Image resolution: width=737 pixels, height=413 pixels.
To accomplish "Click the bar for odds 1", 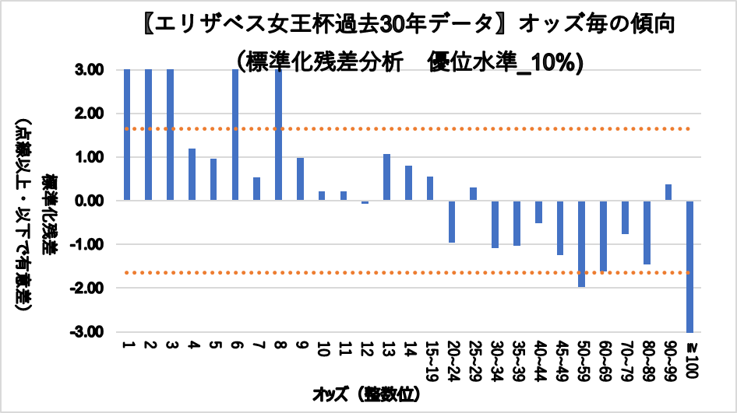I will tap(127, 135).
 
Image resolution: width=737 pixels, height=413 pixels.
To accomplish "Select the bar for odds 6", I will tap(235, 135).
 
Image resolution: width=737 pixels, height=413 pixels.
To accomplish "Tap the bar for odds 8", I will tap(278, 135).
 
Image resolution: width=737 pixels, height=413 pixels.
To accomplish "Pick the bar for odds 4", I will tap(192, 174).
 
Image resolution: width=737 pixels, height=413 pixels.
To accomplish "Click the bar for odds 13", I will tap(386, 177).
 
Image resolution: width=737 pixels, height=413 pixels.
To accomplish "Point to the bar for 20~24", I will tap(451, 222).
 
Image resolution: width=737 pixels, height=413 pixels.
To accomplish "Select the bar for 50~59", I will tap(581, 243).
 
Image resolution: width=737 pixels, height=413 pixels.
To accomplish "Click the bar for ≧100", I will tap(689, 266).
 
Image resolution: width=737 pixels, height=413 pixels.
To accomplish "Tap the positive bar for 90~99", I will tap(668, 192).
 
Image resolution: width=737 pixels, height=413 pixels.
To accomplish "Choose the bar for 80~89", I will tap(646, 233).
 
